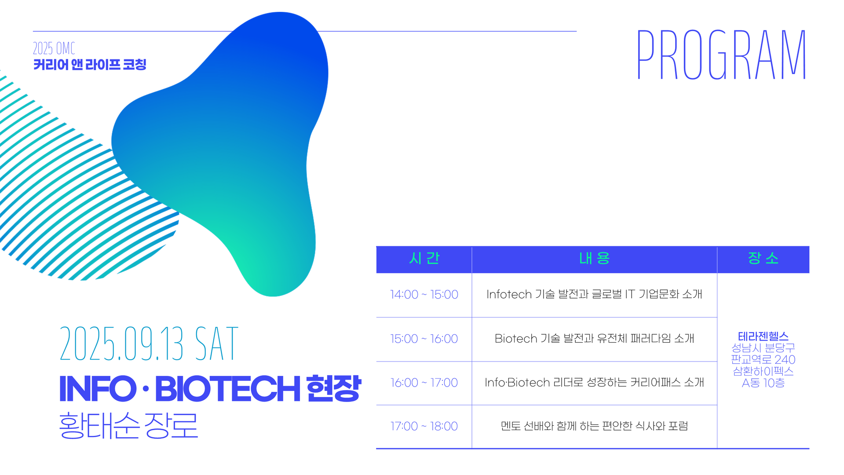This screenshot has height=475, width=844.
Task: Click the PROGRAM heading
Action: (x=721, y=55)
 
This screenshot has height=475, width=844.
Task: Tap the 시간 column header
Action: (x=424, y=258)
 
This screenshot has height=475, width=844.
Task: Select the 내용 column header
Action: (x=594, y=258)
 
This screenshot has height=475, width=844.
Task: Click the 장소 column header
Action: (x=763, y=258)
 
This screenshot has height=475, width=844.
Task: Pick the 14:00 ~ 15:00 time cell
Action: (x=424, y=294)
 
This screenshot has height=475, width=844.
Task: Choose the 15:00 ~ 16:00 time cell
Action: (x=424, y=339)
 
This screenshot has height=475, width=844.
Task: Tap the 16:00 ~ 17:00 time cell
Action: (x=424, y=383)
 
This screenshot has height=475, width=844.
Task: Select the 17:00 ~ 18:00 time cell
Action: (x=424, y=426)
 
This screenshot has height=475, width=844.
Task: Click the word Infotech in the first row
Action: (x=509, y=294)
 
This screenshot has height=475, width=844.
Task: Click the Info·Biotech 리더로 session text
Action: (x=594, y=383)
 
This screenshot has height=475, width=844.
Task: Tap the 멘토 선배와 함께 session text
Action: (x=594, y=426)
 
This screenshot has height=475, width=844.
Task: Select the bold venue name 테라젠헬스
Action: (x=763, y=336)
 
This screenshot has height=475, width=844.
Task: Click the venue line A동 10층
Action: (x=763, y=383)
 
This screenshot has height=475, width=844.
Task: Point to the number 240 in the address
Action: (x=785, y=360)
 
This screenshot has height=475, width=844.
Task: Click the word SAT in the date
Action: (x=216, y=343)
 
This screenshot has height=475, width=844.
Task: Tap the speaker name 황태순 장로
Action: (x=128, y=425)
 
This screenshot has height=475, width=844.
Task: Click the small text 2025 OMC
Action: (x=54, y=48)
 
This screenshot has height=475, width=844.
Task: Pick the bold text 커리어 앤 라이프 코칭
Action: (x=90, y=65)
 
